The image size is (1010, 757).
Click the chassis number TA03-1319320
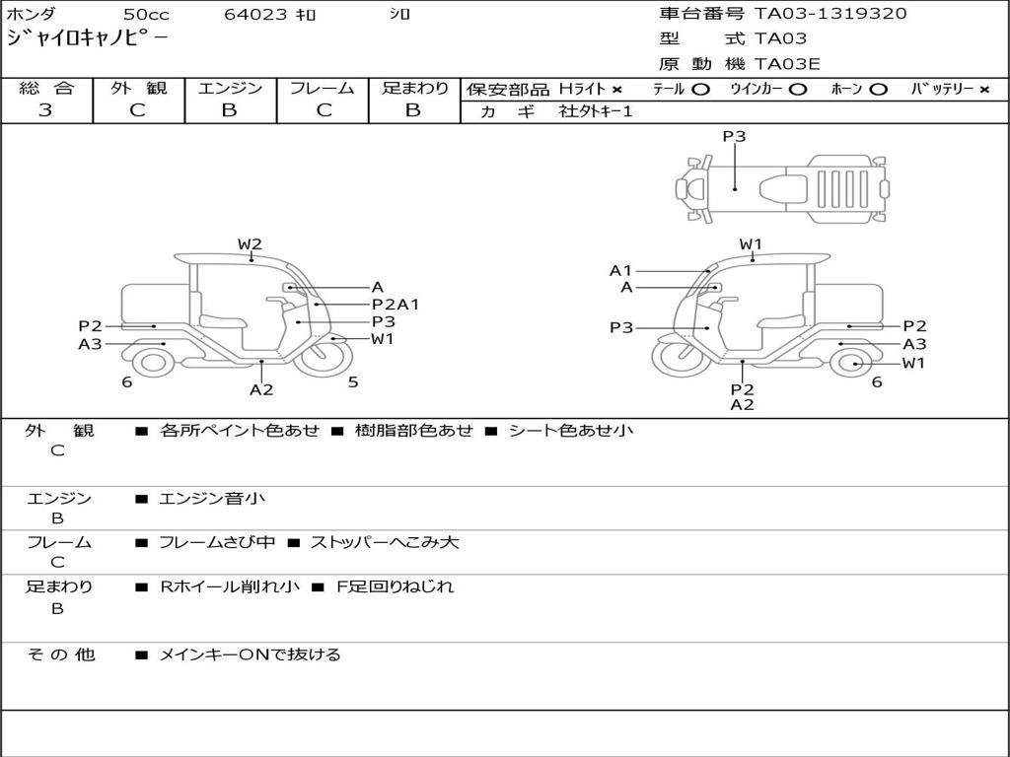pos(830,14)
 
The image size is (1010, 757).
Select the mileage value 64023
pos(255,15)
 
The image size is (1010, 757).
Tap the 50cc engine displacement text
pos(145,15)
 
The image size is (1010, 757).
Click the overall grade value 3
pos(45,110)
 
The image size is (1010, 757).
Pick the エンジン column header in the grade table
pos(230,88)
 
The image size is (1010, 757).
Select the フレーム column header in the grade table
pos(322,88)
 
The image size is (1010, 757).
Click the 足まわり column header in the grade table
pos(414,88)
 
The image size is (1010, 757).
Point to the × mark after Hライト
pos(617,90)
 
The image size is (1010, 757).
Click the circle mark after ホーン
pos(878,90)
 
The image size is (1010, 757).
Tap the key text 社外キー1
pos(596,112)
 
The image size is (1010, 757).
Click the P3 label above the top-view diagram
pos(734,137)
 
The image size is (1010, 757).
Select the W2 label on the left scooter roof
pos(250,244)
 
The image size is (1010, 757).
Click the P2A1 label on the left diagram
pos(395,305)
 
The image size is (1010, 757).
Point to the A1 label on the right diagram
pos(620,270)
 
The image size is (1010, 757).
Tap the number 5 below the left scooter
pos(353,382)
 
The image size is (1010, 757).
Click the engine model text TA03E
pos(787,65)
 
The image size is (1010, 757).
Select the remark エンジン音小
pos(212,499)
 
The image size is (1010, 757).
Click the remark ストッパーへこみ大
pos(385,543)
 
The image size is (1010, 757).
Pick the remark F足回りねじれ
pos(396,587)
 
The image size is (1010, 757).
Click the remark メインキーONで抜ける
pos(250,654)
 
